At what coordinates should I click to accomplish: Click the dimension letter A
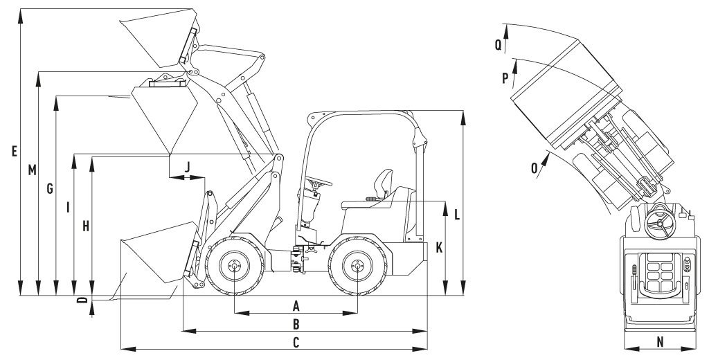click(296, 305)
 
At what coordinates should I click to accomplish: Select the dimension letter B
click(296, 323)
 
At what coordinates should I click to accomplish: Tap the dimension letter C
click(296, 341)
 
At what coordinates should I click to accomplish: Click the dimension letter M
click(32, 170)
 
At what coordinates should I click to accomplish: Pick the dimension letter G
click(49, 189)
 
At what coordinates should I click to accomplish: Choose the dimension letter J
click(188, 165)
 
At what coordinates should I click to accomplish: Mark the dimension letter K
click(439, 247)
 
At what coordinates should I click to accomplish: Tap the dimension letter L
click(457, 215)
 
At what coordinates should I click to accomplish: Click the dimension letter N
click(660, 341)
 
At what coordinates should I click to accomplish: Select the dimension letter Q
click(498, 43)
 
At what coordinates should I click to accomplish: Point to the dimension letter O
click(535, 167)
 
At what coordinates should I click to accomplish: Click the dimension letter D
click(82, 300)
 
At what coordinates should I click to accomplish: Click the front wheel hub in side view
click(234, 265)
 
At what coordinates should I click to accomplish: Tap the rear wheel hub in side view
click(357, 265)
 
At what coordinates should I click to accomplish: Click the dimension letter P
click(505, 78)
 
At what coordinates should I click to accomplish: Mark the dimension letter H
click(85, 226)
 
